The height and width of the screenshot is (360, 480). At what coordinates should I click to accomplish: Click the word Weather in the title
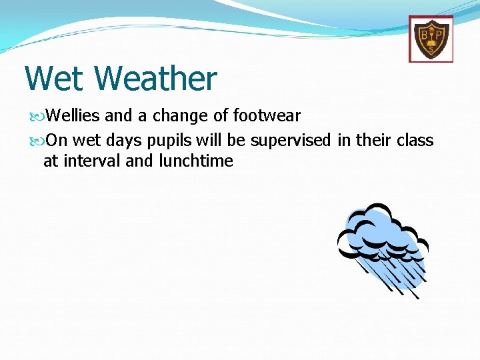[155, 78]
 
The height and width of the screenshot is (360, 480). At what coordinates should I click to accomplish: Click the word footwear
[267, 116]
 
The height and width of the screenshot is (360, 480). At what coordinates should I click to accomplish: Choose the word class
[415, 141]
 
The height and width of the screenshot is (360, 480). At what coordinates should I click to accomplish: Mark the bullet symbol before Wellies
[37, 117]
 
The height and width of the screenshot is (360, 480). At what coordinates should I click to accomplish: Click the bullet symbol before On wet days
[37, 141]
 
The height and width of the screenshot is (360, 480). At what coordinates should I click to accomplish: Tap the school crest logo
[431, 39]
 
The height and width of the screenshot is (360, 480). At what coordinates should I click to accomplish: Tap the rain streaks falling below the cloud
[393, 277]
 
